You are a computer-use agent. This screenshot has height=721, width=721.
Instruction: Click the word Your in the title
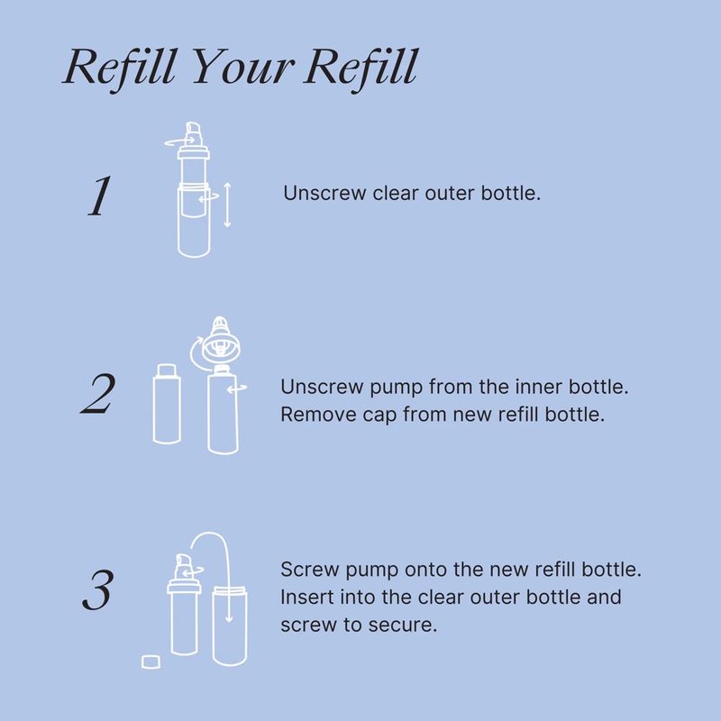[242, 67]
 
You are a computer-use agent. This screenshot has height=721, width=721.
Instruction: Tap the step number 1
[99, 196]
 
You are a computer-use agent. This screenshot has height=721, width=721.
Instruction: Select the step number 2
[97, 394]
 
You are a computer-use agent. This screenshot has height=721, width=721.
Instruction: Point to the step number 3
[97, 590]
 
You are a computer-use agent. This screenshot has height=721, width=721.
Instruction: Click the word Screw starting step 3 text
[309, 570]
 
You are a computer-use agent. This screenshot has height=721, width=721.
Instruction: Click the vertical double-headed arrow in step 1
[227, 205]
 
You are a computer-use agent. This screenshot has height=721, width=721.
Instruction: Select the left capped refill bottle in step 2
[167, 404]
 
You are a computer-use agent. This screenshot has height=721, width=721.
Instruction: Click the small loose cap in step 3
[151, 662]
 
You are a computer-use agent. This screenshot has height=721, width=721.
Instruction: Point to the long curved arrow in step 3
[210, 534]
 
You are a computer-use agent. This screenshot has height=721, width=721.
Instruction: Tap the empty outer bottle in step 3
[230, 626]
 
